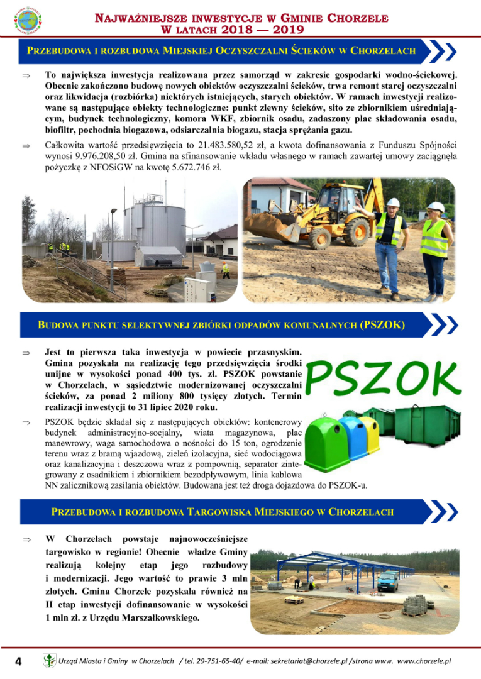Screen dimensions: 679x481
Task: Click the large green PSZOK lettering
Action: pos(384,377)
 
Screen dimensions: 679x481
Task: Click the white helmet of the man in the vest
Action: pos(393,202)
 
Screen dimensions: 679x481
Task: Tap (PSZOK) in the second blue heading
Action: pos(382,325)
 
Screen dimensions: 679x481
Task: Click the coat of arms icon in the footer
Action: pos(49,661)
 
